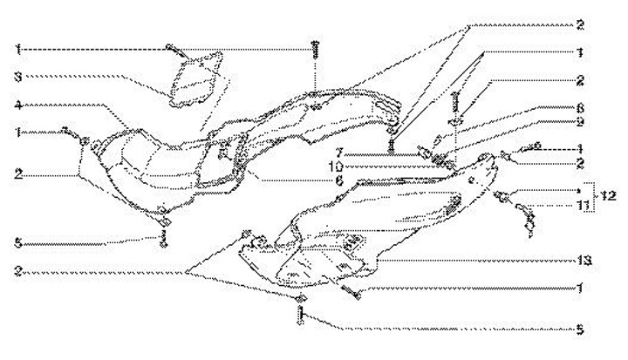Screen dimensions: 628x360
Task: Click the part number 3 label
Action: [x=17, y=76]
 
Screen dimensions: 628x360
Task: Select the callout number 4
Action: [x=17, y=105]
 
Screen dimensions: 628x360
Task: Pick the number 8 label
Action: [x=580, y=107]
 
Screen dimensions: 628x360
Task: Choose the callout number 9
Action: [x=580, y=121]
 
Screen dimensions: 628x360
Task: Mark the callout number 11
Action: [x=580, y=205]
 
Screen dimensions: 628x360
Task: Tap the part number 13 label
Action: [x=578, y=258]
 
